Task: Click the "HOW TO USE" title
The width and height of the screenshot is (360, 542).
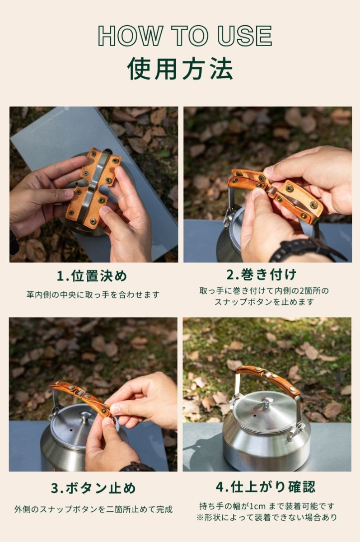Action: [x=185, y=36]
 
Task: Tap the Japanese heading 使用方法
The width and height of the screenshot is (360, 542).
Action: [x=180, y=69]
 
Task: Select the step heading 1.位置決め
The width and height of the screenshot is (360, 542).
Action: [x=92, y=276]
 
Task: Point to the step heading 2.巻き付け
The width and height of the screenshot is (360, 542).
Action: [x=262, y=275]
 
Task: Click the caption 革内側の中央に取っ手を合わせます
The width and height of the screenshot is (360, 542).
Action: [x=93, y=295]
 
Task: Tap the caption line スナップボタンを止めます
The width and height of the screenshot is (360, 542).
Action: [x=264, y=302]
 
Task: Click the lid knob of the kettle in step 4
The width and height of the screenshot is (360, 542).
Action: [x=267, y=402]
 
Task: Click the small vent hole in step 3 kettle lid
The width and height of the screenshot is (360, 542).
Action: [x=71, y=431]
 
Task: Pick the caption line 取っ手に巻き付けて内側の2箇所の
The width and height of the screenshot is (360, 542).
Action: [x=264, y=290]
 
